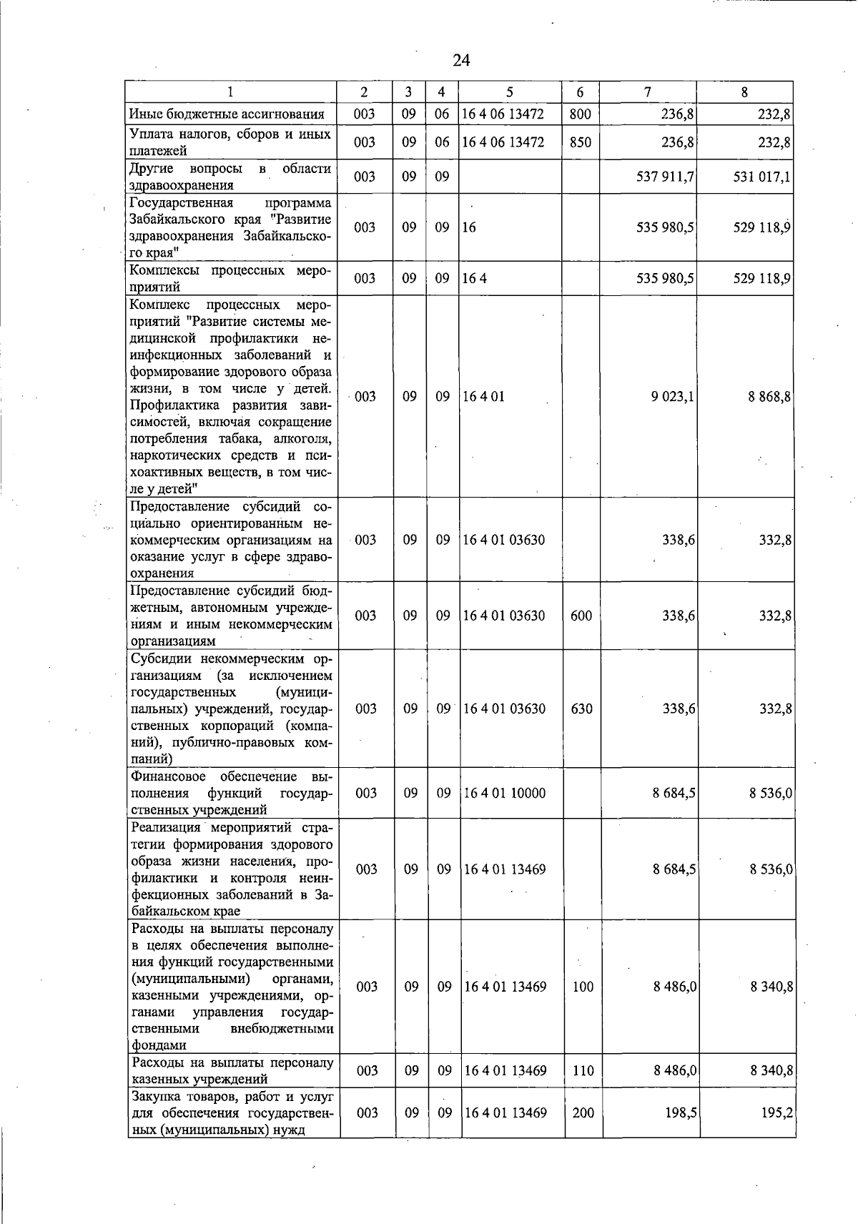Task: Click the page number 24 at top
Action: point(461,60)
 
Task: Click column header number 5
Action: point(509,92)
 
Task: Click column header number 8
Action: point(744,92)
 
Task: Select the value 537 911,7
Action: point(666,177)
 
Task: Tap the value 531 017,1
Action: point(761,177)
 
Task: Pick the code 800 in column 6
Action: point(580,114)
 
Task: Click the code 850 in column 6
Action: point(580,142)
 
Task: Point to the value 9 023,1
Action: point(673,397)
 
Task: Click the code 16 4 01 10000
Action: point(505,793)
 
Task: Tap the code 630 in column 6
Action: point(581,709)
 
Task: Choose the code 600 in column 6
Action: point(581,616)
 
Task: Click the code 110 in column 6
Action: point(583,1071)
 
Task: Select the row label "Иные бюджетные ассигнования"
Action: point(227,114)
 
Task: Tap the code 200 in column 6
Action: point(583,1113)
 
